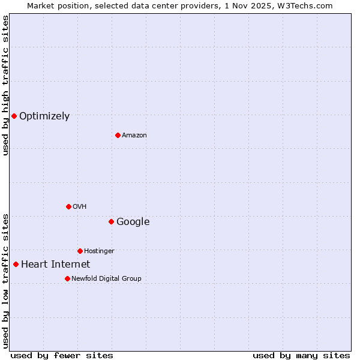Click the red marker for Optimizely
point(14,116)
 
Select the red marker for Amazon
point(118,135)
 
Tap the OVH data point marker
point(68,206)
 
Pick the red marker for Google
point(111,221)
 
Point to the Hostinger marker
point(80,251)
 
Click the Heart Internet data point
point(16,264)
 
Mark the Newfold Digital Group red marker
point(67,278)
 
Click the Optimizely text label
point(44,116)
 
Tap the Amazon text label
point(134,136)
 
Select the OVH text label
point(80,207)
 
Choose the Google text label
point(133,222)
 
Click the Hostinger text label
point(99,251)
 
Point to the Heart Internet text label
point(55,265)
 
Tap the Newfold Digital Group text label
point(106,279)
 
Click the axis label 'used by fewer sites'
point(62,356)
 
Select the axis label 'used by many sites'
point(301,356)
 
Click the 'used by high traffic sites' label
point(6,85)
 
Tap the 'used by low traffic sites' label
point(6,281)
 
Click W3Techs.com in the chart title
point(309,5)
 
